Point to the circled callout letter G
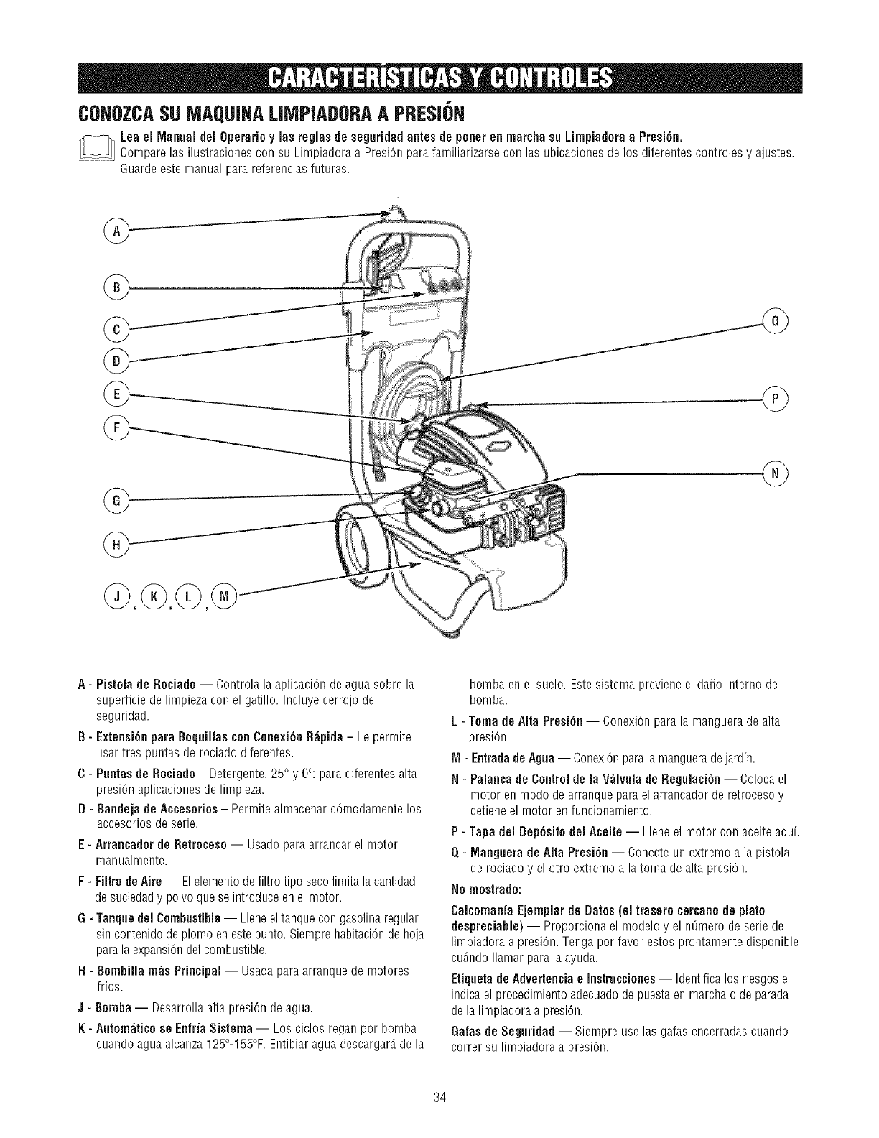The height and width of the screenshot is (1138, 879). click(x=115, y=500)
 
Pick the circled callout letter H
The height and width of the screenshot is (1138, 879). click(x=115, y=545)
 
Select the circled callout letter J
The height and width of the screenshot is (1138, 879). click(x=116, y=596)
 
